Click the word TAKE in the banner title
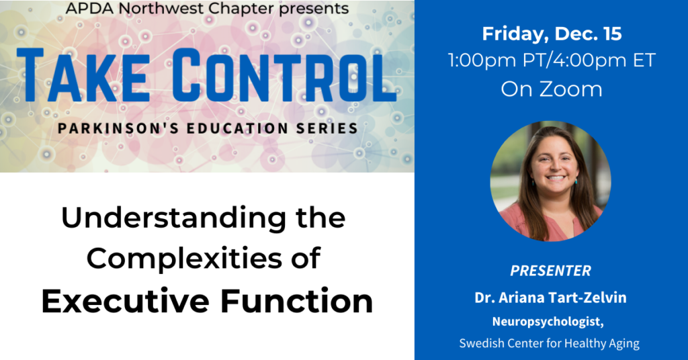tap(83, 75)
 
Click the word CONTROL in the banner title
tap(284, 75)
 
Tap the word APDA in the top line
tap(89, 8)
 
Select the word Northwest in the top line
tap(162, 8)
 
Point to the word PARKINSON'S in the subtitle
tap(118, 128)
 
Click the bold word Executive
tap(126, 301)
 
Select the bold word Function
tap(296, 301)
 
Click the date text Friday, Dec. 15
tap(552, 34)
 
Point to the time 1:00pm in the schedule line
tap(482, 60)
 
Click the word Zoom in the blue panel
tap(571, 89)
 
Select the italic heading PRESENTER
tap(551, 271)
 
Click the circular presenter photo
tap(551, 181)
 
